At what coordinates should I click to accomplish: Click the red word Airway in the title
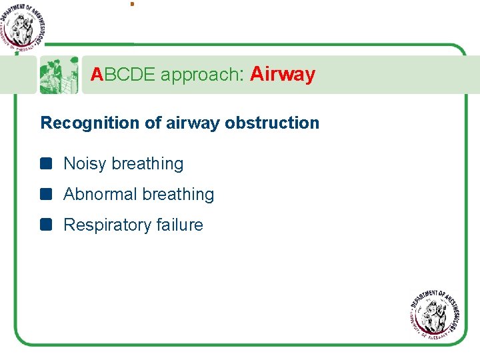pos(283,74)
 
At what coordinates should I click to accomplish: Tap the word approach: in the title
pos(201,75)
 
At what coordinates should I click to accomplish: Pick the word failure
pos(180,225)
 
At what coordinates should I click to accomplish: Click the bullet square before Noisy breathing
pos(45,163)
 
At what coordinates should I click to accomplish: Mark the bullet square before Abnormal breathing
pos(45,194)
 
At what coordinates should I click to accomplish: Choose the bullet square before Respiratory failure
pos(45,225)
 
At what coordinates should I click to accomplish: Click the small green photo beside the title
pos(59,75)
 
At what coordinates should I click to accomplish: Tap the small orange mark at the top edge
pos(132,4)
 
